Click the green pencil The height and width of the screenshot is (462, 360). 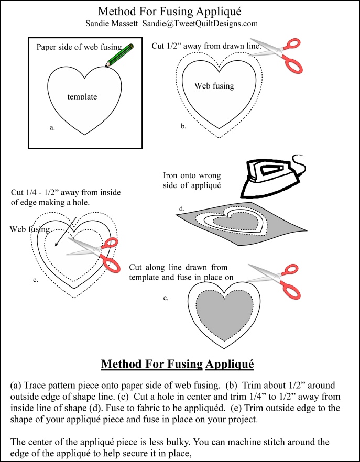tap(119, 55)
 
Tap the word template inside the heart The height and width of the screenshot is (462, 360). tap(82, 96)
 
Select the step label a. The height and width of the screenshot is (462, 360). tap(52, 128)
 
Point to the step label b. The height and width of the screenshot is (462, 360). tap(183, 126)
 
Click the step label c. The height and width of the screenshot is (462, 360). tap(36, 280)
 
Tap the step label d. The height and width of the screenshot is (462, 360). tap(182, 209)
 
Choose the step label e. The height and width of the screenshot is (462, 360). tap(166, 298)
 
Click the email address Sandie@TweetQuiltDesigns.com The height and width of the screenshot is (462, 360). tap(200, 24)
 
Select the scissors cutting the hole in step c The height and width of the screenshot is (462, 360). tap(94, 254)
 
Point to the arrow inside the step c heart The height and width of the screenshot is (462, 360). tap(66, 232)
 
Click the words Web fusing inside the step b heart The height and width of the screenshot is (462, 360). tap(214, 86)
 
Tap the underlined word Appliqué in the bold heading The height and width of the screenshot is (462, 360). tap(230, 364)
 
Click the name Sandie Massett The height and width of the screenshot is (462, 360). tap(112, 24)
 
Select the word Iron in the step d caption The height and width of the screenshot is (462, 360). tap(170, 176)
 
